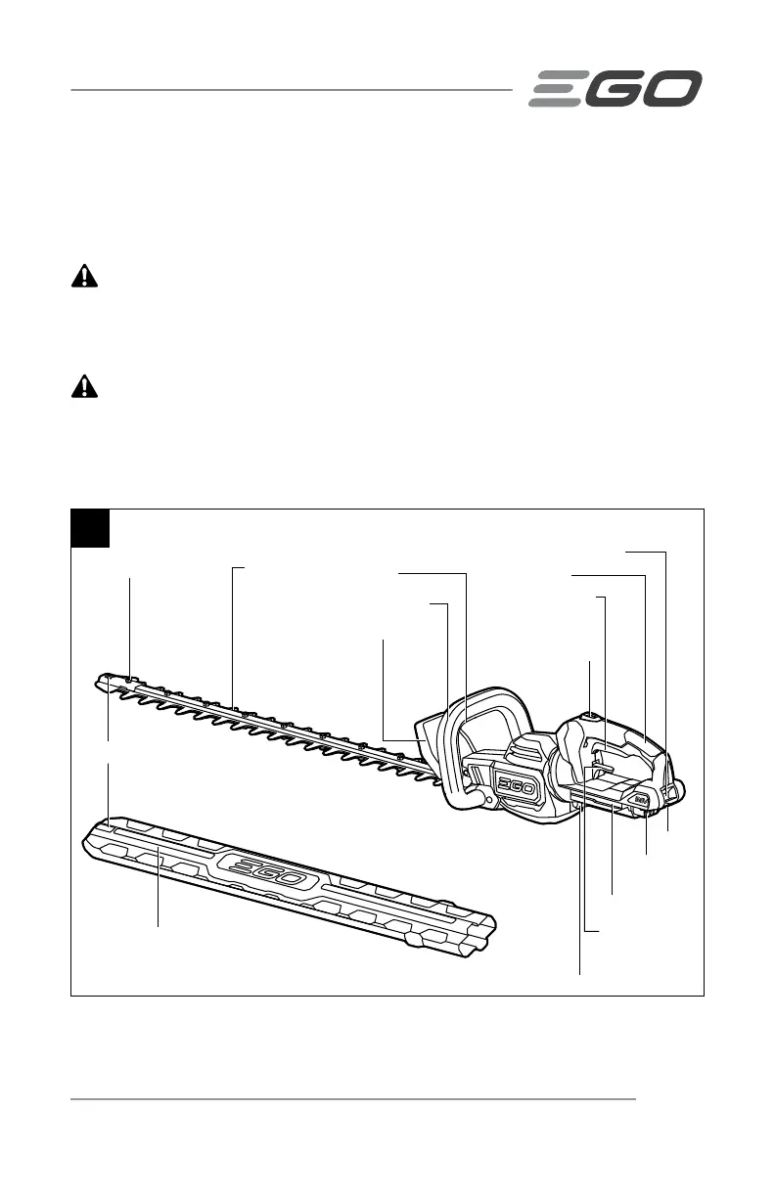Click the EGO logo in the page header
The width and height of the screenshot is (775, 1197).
tap(615, 88)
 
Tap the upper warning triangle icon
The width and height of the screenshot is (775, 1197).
tap(86, 277)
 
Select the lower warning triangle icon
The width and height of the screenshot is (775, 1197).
tap(86, 386)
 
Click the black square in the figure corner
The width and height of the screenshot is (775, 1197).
tap(90, 528)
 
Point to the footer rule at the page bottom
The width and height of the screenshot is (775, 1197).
tap(353, 1098)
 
